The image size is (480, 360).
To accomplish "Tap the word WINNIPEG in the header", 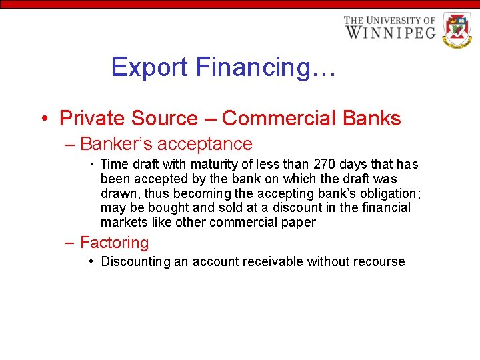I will [x=390, y=32].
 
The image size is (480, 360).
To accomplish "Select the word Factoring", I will [x=114, y=243].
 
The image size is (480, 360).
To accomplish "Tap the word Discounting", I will [x=135, y=262].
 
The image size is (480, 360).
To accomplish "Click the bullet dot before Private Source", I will [x=43, y=119].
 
